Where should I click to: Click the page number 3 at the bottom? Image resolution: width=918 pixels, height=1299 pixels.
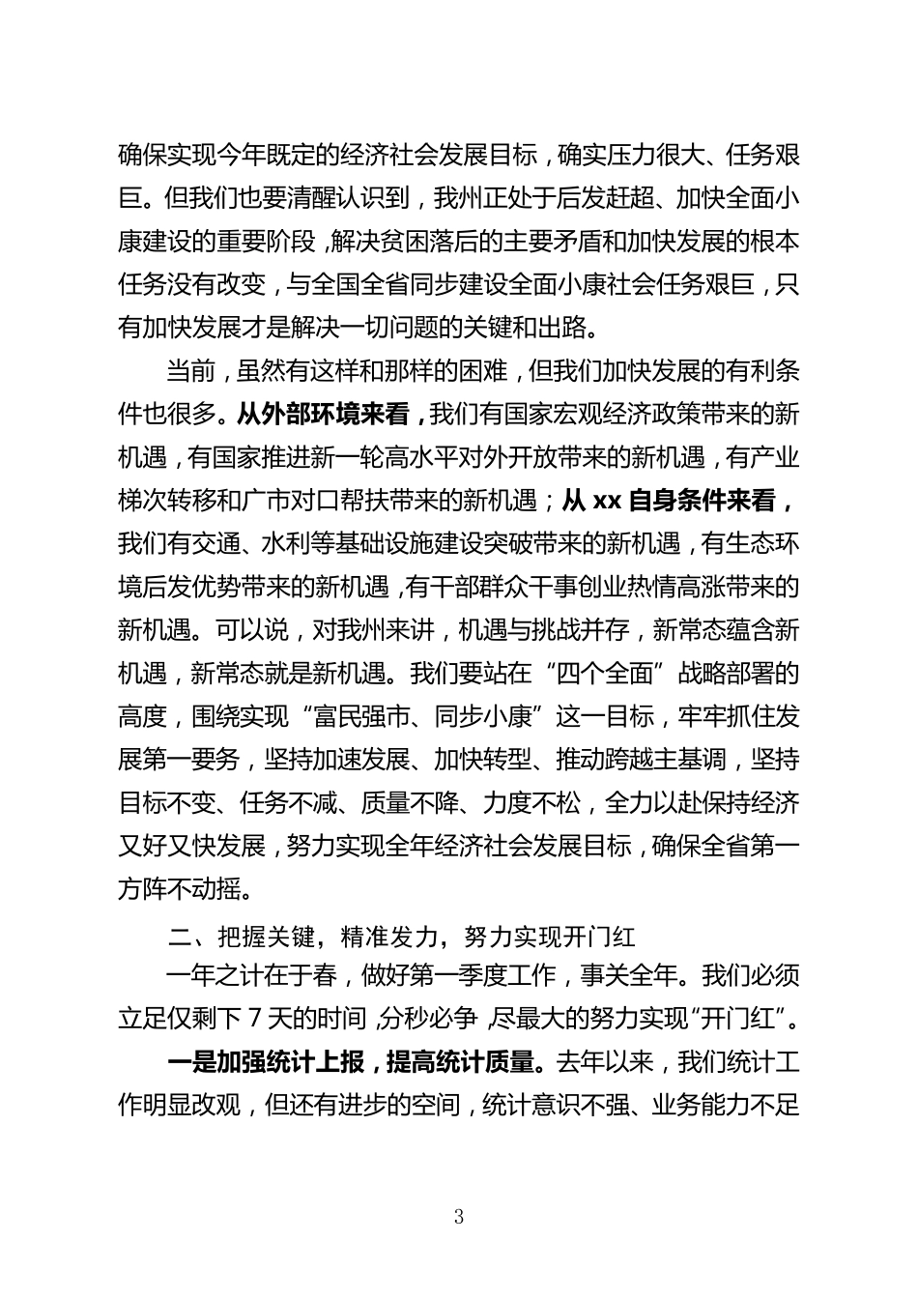coord(458,1217)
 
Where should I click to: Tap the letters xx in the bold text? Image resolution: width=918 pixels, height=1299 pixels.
coord(605,501)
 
